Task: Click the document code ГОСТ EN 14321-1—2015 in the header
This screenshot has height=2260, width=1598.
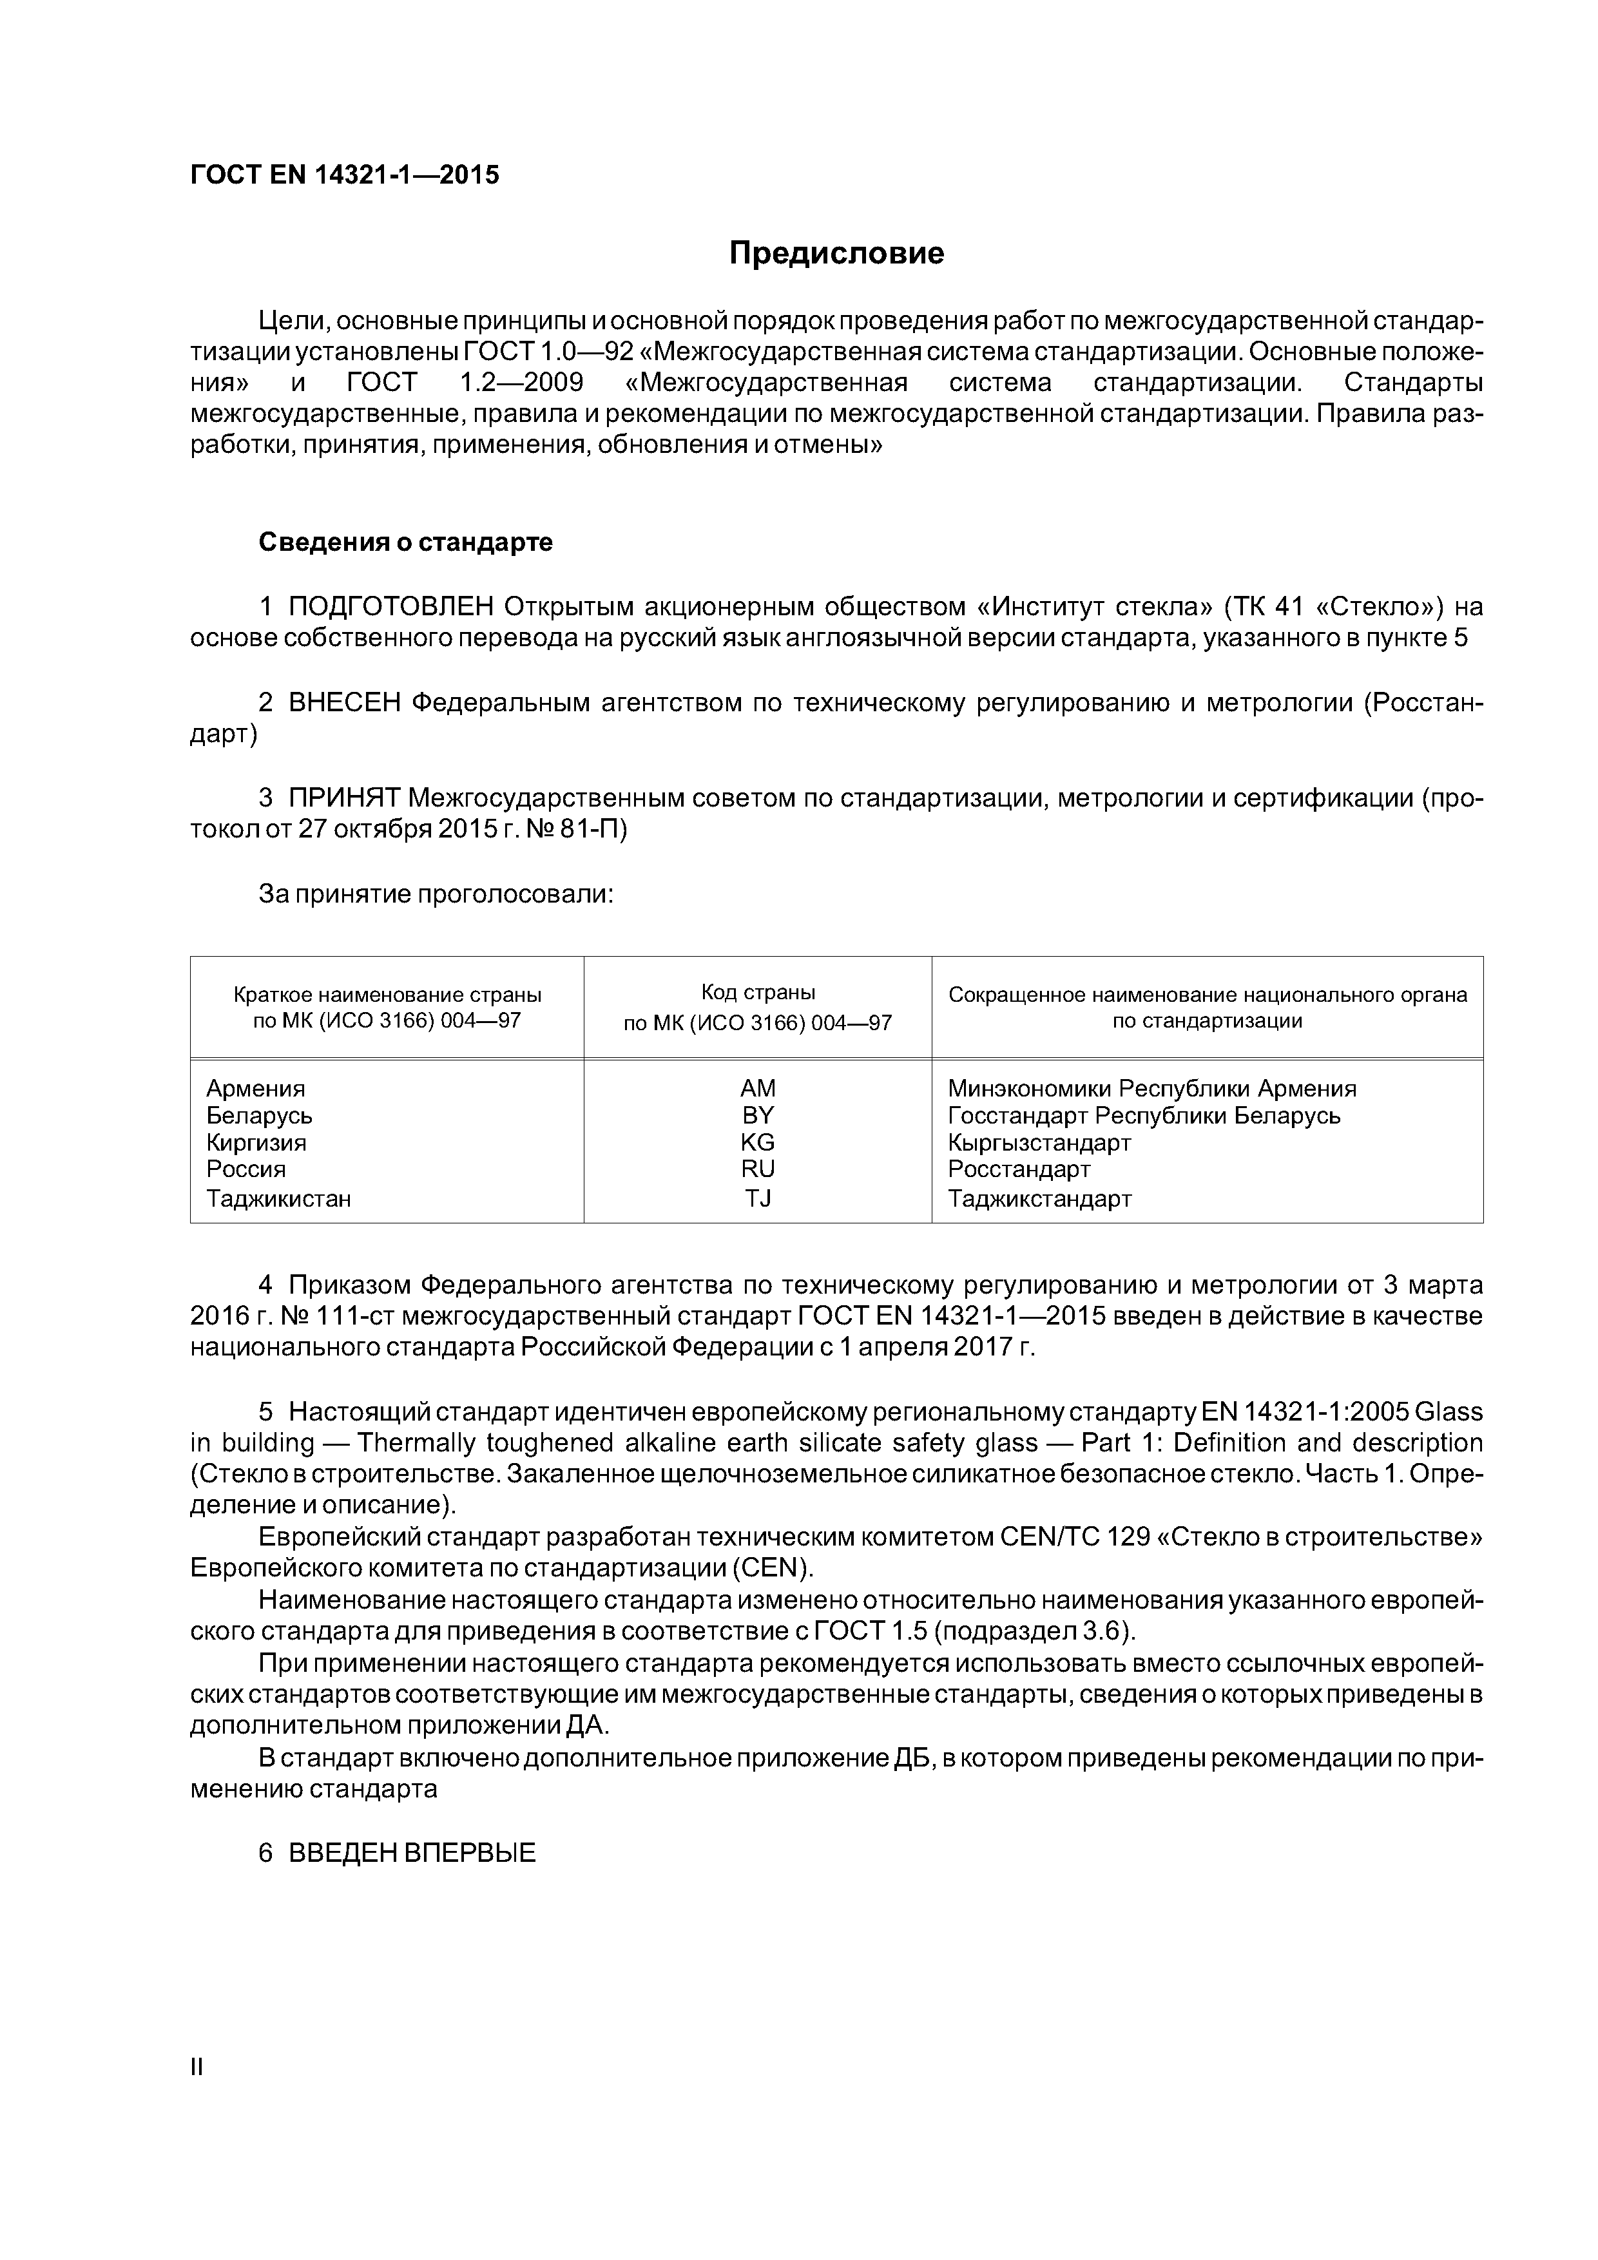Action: pos(345,175)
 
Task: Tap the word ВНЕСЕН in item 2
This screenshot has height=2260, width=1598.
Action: pos(345,703)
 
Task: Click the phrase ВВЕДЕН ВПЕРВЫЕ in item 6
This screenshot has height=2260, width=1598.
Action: pos(412,1853)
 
